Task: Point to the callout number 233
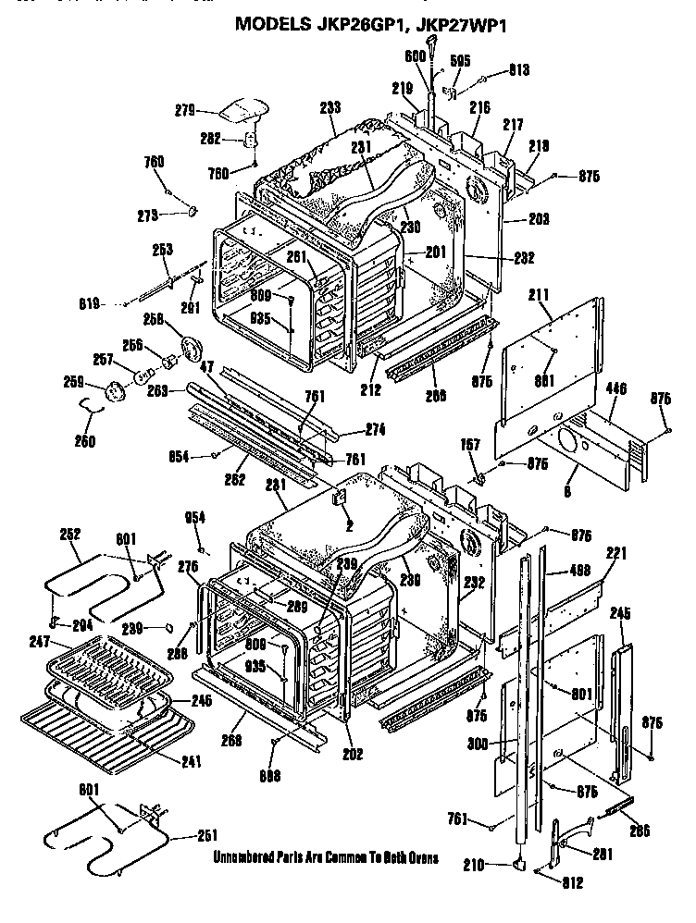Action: [329, 107]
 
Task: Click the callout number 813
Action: [519, 68]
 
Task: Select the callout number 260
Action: [84, 441]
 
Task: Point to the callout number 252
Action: [70, 534]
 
